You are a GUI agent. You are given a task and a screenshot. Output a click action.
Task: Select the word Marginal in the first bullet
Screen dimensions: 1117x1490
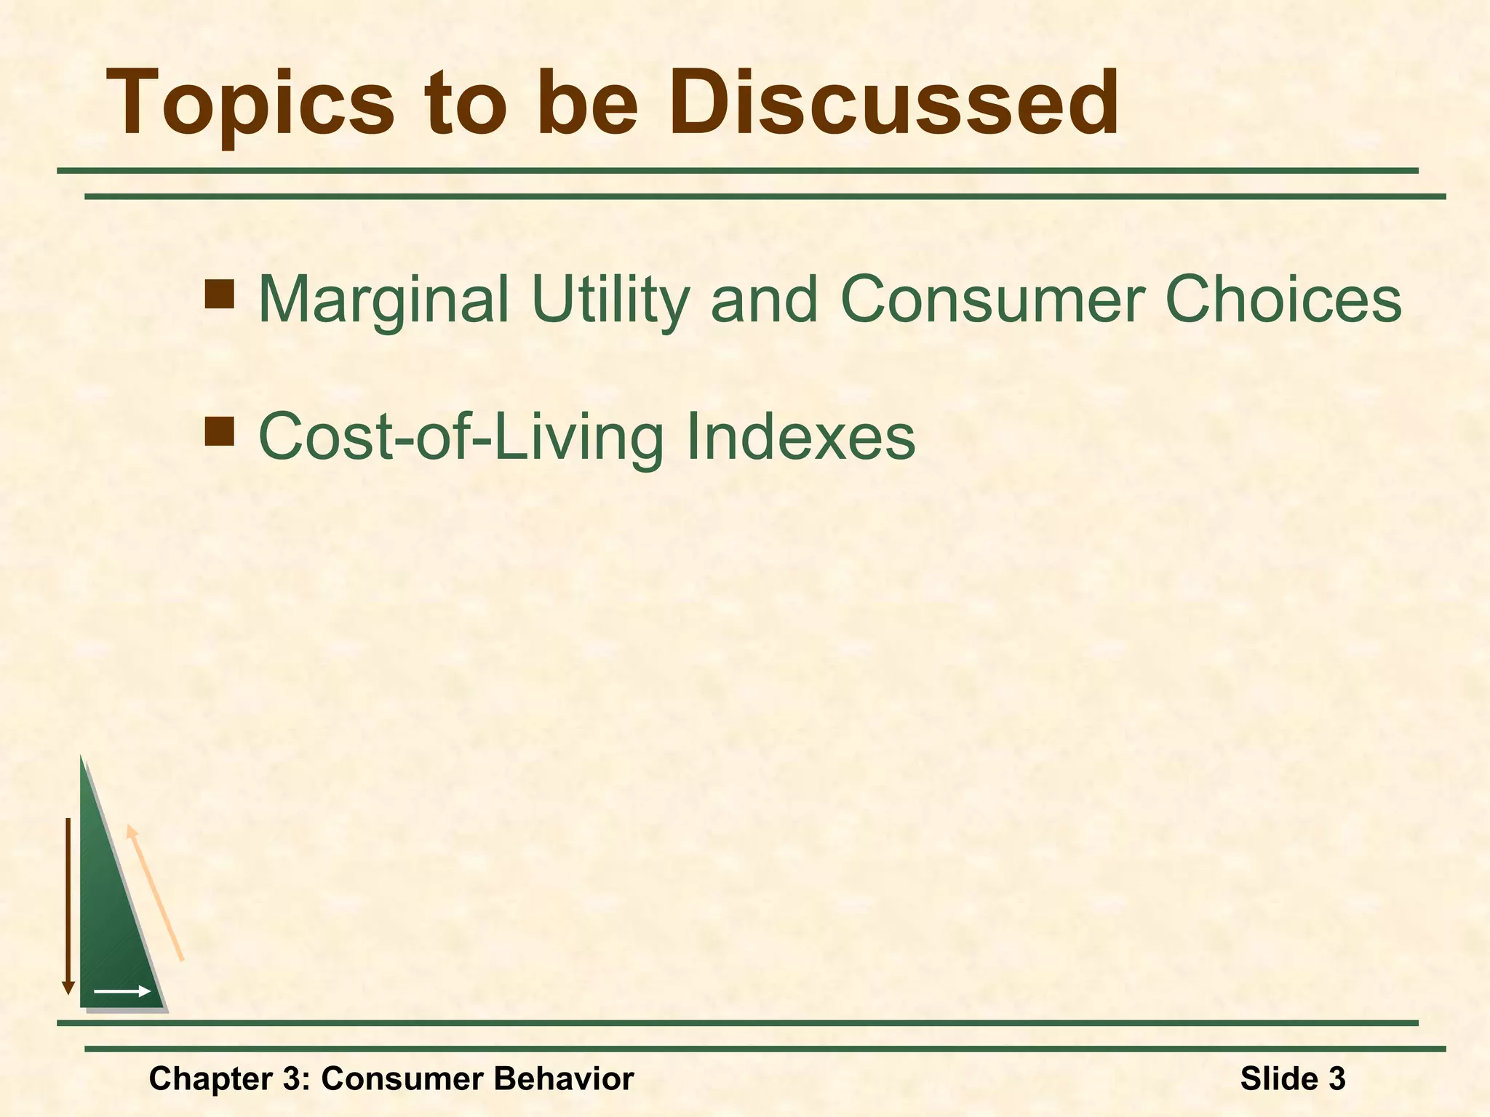click(383, 300)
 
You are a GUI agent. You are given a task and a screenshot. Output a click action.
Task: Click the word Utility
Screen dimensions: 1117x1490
click(610, 300)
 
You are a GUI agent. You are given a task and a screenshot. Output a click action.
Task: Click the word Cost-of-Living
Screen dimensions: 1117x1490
click(461, 436)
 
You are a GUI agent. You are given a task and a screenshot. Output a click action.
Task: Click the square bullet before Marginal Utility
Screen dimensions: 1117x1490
click(219, 294)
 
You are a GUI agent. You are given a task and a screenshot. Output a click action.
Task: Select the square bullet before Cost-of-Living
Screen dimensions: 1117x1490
click(219, 431)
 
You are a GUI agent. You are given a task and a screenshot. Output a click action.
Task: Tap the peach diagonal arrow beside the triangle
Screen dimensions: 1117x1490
click(155, 893)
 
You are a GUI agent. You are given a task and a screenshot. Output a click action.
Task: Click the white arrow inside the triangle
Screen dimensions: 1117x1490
click(122, 991)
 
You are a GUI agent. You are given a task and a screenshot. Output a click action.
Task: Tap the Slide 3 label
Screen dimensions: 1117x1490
click(1292, 1078)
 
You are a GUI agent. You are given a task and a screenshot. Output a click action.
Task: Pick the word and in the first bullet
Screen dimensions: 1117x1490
click(763, 300)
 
